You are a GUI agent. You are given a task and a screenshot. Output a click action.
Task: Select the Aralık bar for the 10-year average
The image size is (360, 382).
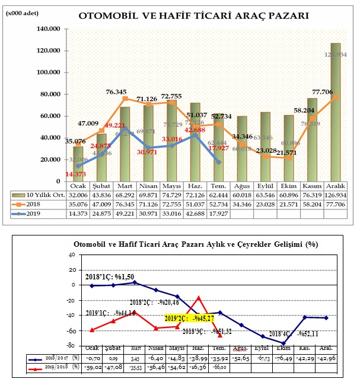[x=335, y=113]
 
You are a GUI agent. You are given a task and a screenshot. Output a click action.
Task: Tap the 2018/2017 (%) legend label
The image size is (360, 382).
[x=50, y=358]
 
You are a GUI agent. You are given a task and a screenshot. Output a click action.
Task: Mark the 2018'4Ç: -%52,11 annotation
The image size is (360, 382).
[x=294, y=333]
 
